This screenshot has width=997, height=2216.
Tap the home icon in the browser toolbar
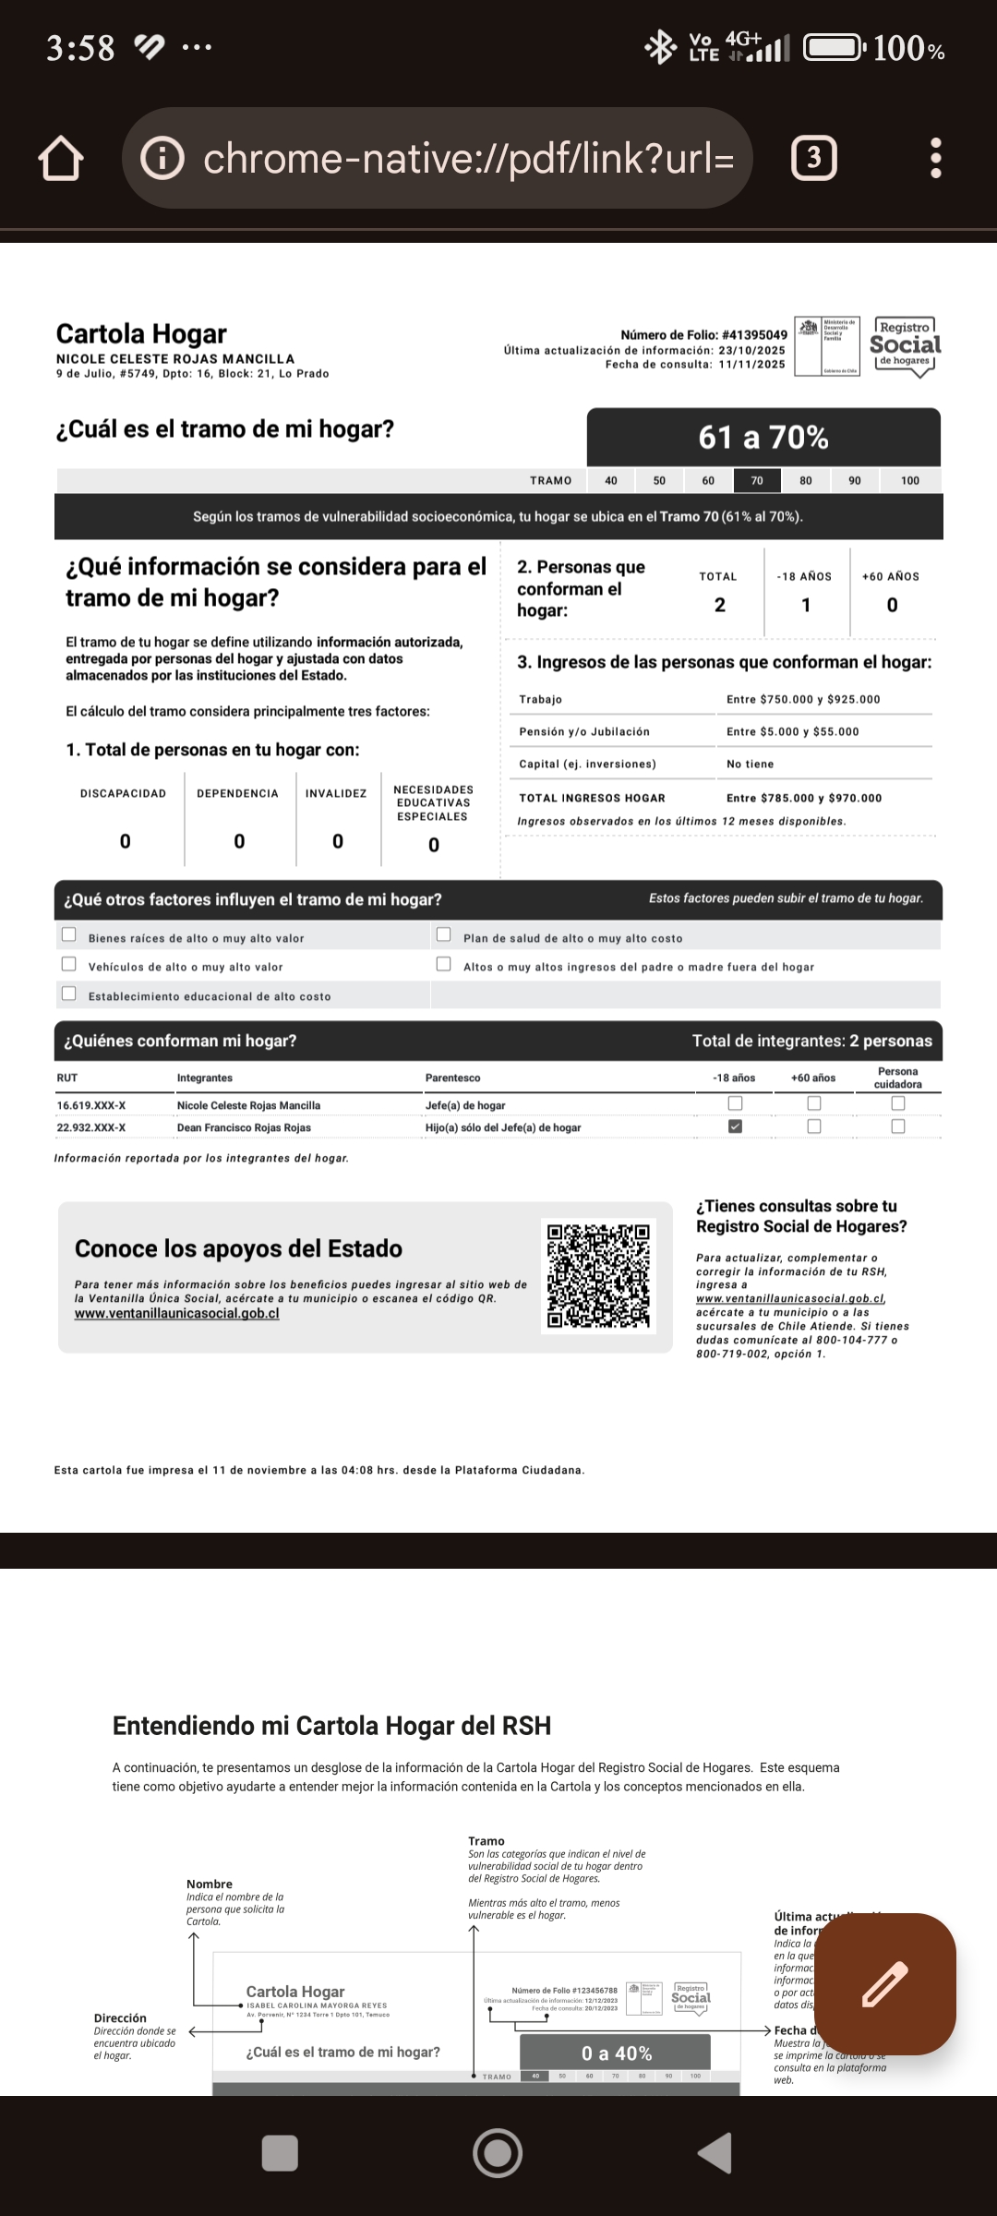click(x=61, y=159)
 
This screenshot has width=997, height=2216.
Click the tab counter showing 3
click(x=813, y=159)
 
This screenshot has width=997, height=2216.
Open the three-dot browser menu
click(x=935, y=159)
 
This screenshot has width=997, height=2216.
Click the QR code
click(x=598, y=1276)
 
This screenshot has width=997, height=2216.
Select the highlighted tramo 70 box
click(x=757, y=480)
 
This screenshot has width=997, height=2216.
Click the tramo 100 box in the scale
click(x=910, y=480)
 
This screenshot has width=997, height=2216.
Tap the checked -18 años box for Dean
click(x=735, y=1126)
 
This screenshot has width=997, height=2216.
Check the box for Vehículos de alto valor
click(x=68, y=965)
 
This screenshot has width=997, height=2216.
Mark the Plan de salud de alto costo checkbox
click(x=443, y=935)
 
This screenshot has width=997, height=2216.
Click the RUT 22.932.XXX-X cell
click(x=91, y=1127)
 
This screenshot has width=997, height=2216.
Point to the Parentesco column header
click(x=452, y=1078)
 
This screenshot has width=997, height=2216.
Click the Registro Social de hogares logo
click(x=905, y=345)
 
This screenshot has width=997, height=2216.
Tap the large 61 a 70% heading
click(x=763, y=437)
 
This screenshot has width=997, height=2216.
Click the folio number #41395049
click(x=754, y=335)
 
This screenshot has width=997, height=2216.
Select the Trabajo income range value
click(x=803, y=699)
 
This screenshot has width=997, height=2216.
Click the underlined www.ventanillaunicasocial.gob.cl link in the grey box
click(x=176, y=1313)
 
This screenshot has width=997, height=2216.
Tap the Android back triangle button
click(x=715, y=2153)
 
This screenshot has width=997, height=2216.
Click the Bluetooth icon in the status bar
click(x=660, y=47)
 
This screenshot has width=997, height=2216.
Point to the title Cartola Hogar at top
click(x=141, y=333)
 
